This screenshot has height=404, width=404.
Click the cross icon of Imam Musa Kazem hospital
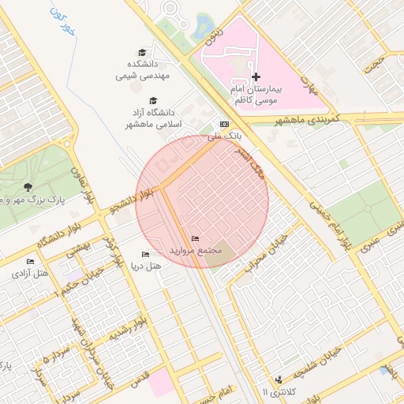pyautogui.click(x=256, y=77)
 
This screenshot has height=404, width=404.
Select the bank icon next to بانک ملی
pyautogui.click(x=224, y=125)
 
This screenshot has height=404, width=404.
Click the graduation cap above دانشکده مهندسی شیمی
pyautogui.click(x=141, y=52)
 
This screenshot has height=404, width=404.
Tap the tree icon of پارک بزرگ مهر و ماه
pyautogui.click(x=28, y=187)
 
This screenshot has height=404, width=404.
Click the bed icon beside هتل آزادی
pyautogui.click(x=30, y=261)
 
